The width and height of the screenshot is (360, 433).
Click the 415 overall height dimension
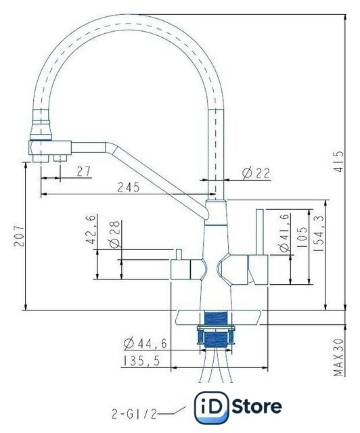(x=339, y=162)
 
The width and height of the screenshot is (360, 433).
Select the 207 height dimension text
(x=20, y=236)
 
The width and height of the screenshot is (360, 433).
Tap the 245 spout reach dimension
(x=129, y=187)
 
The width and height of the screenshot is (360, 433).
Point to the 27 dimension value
(x=84, y=171)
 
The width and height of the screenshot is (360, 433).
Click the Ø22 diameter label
(x=256, y=173)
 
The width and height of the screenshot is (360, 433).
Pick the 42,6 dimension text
(x=91, y=229)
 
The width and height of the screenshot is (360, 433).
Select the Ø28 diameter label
(x=114, y=234)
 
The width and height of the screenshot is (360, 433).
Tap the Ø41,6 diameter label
(x=285, y=233)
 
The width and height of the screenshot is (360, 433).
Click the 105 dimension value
(x=302, y=237)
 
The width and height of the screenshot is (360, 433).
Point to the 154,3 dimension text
(x=319, y=233)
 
